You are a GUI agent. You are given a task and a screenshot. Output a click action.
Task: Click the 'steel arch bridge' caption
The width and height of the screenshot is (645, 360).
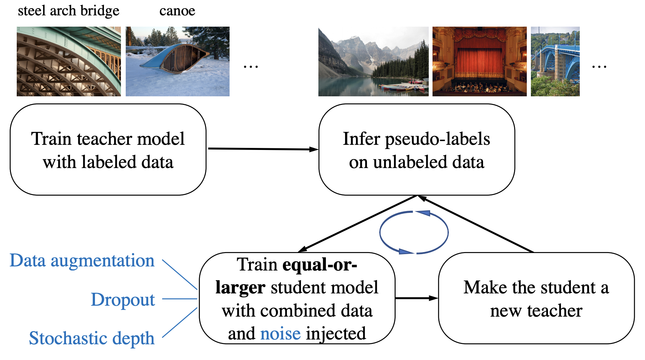pyautogui.click(x=68, y=11)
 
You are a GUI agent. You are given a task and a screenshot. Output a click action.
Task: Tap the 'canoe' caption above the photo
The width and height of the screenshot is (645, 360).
pyautogui.click(x=177, y=11)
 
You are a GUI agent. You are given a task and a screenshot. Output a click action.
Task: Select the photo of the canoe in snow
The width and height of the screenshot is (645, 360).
pyautogui.click(x=177, y=61)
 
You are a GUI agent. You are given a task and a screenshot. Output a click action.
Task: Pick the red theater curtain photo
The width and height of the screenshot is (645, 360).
pyautogui.click(x=479, y=61)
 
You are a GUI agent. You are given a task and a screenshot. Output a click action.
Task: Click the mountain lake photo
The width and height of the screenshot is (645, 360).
pyautogui.click(x=373, y=61)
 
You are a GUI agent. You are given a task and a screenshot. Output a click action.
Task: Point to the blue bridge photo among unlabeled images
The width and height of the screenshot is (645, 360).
pyautogui.click(x=555, y=61)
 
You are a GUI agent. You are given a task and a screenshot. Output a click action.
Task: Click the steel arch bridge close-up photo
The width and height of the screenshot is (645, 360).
pyautogui.click(x=69, y=61)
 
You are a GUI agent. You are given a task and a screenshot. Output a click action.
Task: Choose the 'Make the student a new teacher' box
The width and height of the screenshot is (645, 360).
pyautogui.click(x=536, y=298)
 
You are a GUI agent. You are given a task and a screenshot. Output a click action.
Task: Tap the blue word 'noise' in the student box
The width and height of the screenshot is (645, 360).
pyautogui.click(x=280, y=334)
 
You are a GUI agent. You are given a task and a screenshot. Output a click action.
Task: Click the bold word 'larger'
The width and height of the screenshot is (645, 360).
pyautogui.click(x=240, y=288)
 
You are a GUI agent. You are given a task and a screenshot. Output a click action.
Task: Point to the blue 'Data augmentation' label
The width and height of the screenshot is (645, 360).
pyautogui.click(x=82, y=261)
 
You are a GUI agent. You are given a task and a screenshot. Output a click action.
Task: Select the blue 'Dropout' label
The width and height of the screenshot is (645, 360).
pyautogui.click(x=123, y=300)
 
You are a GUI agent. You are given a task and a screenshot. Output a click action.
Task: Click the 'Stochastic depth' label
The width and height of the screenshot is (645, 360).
pyautogui.click(x=92, y=338)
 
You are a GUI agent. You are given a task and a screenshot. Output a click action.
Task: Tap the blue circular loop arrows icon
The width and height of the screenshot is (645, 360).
pyautogui.click(x=414, y=232)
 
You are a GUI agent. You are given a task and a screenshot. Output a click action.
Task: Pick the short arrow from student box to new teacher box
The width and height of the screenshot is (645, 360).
pyautogui.click(x=416, y=298)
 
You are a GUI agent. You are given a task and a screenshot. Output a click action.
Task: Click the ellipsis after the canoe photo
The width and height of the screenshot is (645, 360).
pyautogui.click(x=250, y=66)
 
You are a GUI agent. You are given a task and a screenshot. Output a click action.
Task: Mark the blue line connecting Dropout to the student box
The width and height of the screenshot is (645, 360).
pyautogui.click(x=179, y=299)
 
